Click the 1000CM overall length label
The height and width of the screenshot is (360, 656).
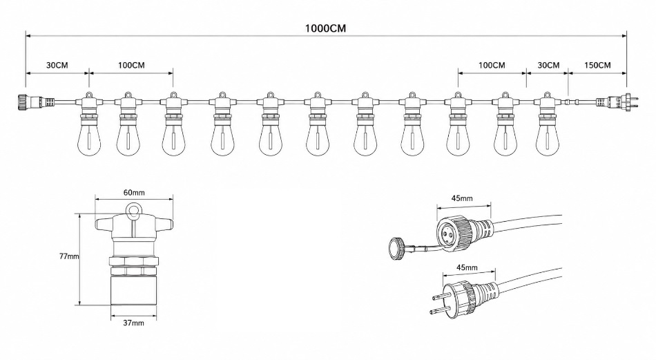click(x=325, y=28)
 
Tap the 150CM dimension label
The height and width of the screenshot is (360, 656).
click(x=597, y=66)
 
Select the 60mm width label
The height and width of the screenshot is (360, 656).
click(x=134, y=193)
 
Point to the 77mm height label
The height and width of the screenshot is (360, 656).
click(x=69, y=256)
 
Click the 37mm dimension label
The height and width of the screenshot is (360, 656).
click(x=133, y=323)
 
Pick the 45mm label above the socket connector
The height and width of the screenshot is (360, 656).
click(x=462, y=198)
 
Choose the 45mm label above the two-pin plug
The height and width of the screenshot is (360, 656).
click(x=467, y=267)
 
